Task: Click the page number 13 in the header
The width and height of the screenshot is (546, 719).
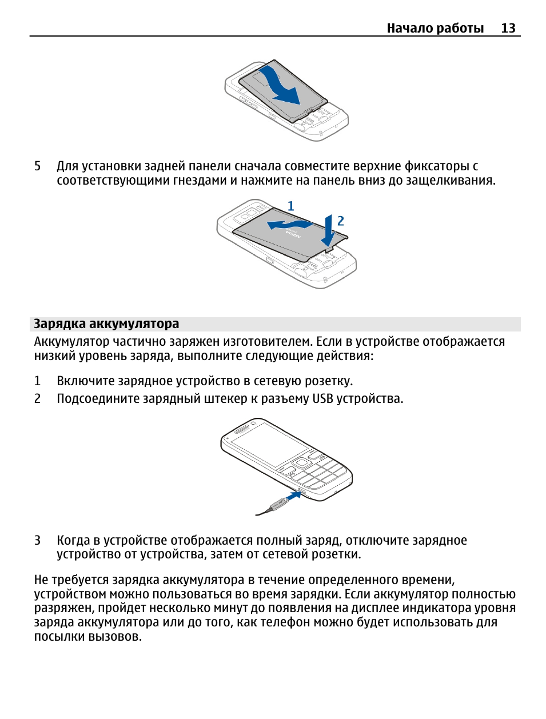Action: (x=508, y=28)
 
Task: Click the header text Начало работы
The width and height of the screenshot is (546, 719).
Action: (x=435, y=28)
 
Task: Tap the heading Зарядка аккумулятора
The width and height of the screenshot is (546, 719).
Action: (x=106, y=324)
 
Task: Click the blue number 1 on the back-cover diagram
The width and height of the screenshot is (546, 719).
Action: (x=290, y=206)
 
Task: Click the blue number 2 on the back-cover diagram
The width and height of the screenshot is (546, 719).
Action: (x=341, y=221)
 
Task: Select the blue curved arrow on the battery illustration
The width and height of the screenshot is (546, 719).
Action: (x=280, y=86)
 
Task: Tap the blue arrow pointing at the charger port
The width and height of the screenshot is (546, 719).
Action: (x=294, y=497)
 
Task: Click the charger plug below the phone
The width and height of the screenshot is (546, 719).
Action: (x=278, y=505)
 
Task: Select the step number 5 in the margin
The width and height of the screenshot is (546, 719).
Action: (x=38, y=166)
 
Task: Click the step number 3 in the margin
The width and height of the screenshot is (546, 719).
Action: (x=38, y=541)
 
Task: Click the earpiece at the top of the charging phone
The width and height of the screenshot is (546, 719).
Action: (x=244, y=429)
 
